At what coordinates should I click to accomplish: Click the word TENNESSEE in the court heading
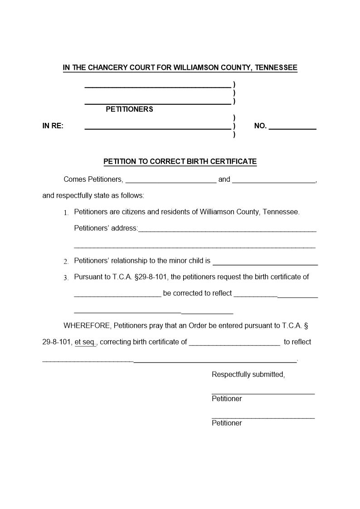pos(276,68)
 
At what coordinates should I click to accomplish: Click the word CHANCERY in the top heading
pos(107,68)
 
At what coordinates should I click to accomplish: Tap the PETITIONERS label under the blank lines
pos(129,109)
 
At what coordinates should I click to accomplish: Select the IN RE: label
pos(53,126)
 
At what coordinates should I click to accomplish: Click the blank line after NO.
pos(292,129)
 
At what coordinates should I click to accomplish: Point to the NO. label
pos(260,126)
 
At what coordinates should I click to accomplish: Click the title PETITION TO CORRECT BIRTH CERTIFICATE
pos(180,161)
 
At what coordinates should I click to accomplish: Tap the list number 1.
pos(66,213)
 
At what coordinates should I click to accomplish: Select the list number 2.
pos(66,262)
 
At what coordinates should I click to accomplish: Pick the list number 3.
pos(66,278)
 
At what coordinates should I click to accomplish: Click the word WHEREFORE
pos(87,325)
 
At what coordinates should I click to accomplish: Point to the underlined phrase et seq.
pos(85,342)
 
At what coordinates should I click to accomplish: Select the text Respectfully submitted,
pos(248,374)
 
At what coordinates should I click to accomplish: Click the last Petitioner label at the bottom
pos(227,423)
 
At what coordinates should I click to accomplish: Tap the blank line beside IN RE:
pos(158,129)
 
